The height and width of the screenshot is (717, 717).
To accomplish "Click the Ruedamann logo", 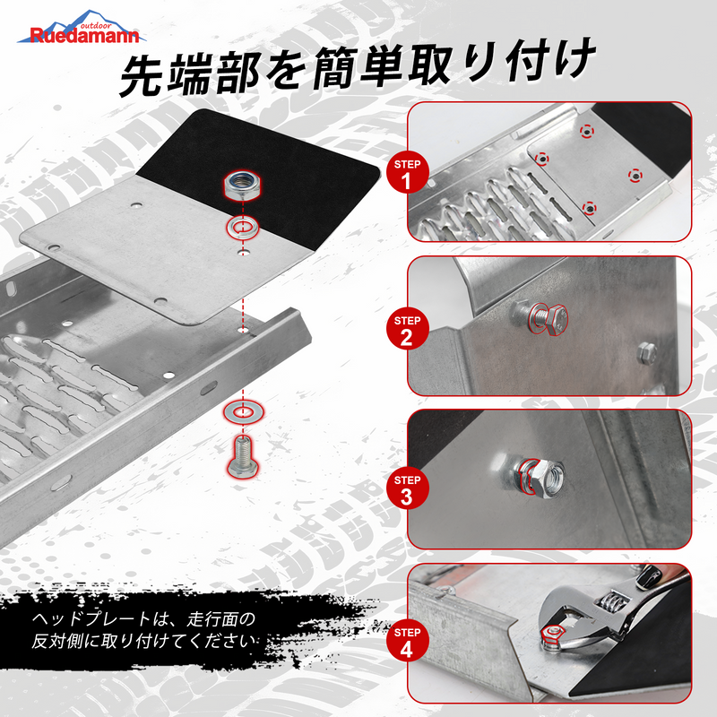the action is point(82,29).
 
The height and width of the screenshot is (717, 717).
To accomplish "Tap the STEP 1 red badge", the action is point(407,173).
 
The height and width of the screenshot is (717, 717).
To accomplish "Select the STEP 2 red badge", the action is point(407,329).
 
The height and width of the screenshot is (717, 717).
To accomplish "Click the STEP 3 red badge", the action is point(407,488).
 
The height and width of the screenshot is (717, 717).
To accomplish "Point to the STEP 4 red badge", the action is point(407,641).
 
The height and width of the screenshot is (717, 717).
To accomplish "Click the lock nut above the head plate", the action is point(242,186).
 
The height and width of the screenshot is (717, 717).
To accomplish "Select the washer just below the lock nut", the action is point(243,227).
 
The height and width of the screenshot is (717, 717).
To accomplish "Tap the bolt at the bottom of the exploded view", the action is point(243,458).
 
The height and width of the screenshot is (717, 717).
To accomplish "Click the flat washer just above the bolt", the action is point(243,411).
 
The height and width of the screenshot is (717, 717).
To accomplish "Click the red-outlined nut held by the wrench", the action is point(552,635).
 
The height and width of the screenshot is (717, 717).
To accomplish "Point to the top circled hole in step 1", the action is point(587,131).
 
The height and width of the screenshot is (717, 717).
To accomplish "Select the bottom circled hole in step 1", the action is point(590,209).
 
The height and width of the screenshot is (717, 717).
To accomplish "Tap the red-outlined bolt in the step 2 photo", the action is point(547,318).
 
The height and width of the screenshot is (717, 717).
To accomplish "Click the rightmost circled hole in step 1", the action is point(635,175).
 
